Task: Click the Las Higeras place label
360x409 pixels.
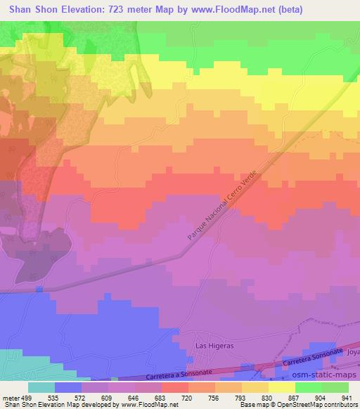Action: point(214,345)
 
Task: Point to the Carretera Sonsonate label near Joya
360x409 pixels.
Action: point(314,356)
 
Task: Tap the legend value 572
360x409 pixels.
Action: point(82,397)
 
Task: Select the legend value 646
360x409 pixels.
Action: point(134,397)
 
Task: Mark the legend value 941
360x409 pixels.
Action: point(347,397)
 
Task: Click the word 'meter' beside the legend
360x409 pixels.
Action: point(9,397)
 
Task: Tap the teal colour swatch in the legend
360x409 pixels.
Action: point(41,387)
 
